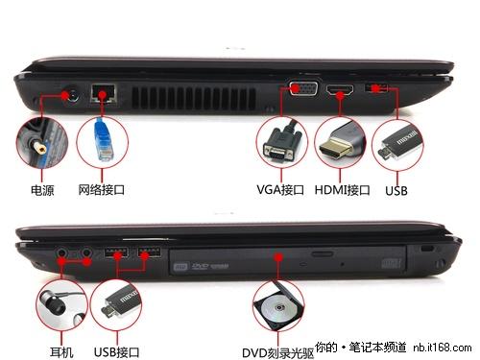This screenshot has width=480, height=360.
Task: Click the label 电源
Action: click(42, 190)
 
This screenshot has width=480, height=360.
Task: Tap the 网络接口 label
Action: click(102, 190)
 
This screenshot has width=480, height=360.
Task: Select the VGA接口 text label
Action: click(280, 190)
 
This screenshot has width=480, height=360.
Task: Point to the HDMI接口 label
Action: click(342, 190)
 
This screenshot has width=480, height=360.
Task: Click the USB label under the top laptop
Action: click(396, 191)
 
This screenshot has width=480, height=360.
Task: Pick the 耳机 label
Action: click(61, 352)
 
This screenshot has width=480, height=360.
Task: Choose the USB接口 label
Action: click(116, 352)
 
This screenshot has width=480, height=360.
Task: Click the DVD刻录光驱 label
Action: click(277, 353)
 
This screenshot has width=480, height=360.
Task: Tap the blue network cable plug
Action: click(104, 140)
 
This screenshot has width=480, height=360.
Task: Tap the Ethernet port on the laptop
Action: click(103, 93)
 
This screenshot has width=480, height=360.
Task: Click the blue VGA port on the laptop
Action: click(303, 88)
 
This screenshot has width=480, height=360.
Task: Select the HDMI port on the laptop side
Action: click(340, 90)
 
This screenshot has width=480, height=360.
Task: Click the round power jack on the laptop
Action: click(71, 93)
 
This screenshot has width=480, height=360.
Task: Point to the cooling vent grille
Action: click(194, 98)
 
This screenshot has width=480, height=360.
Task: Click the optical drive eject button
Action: click(323, 254)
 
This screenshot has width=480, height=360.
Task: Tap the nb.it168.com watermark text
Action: click(443, 348)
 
